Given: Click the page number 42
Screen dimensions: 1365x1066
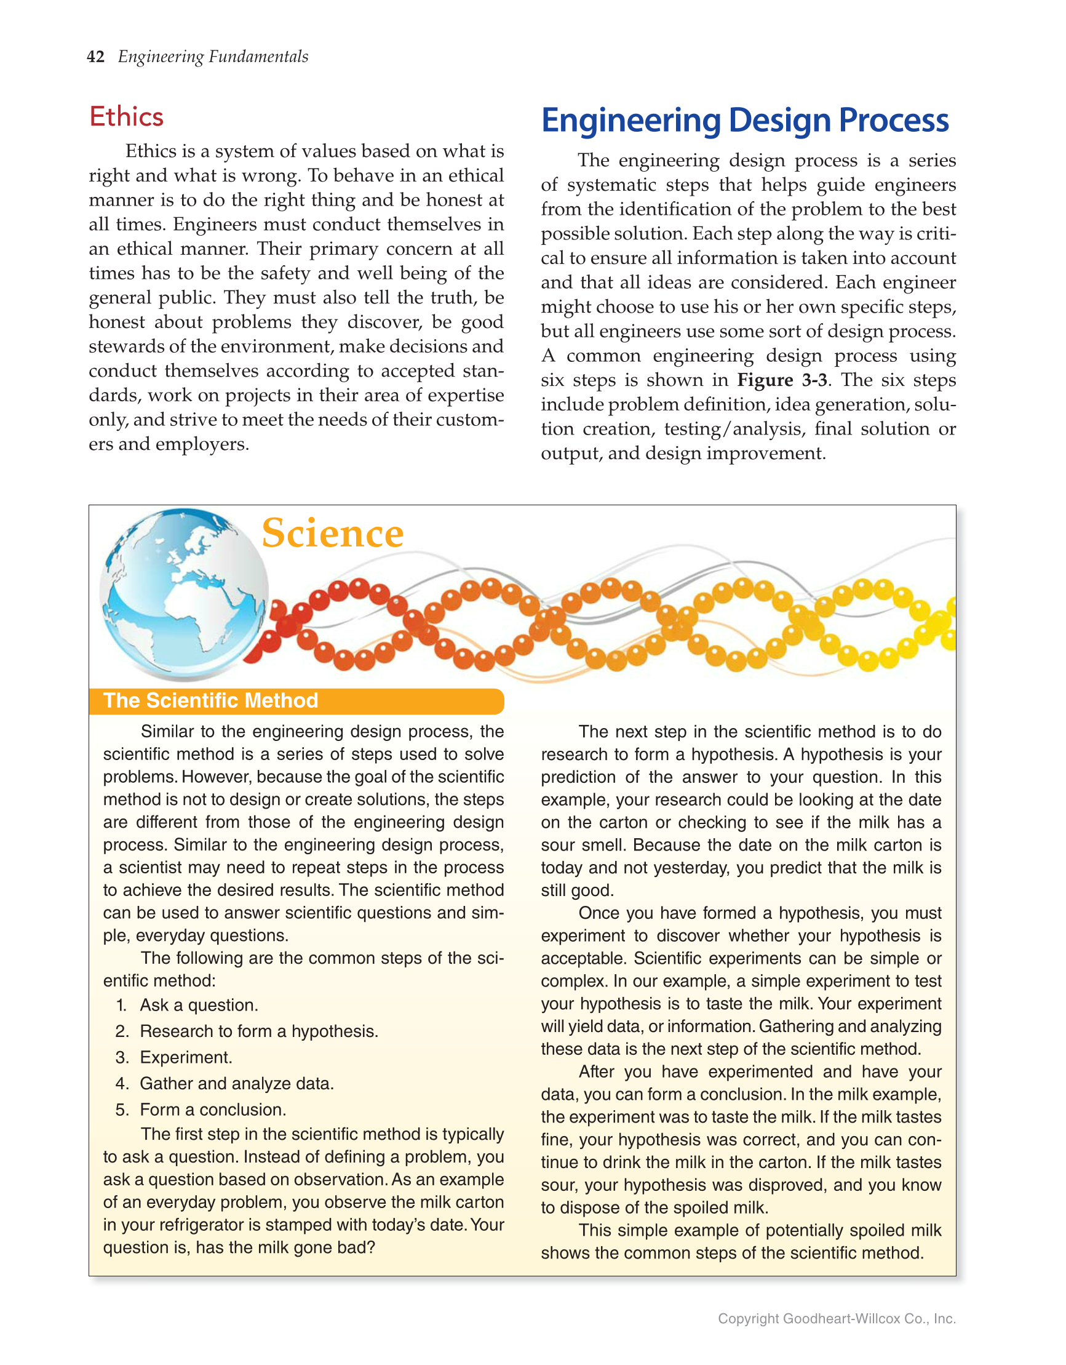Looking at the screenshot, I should tap(95, 57).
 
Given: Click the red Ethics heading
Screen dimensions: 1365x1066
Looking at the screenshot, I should tap(126, 117).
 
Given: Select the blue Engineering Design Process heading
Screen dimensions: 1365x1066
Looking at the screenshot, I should tap(744, 120).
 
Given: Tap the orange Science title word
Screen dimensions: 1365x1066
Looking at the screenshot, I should tap(332, 533).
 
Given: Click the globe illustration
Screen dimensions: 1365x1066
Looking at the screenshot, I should tap(185, 594).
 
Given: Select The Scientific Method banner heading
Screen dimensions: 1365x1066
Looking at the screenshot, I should tap(210, 700).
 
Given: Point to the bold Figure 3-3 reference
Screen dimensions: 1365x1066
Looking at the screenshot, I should tap(782, 380).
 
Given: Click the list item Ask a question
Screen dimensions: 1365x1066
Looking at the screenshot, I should tap(199, 1005).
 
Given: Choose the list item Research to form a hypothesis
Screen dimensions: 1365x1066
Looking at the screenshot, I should tap(259, 1031).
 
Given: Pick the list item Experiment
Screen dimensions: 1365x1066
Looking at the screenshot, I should tap(186, 1057).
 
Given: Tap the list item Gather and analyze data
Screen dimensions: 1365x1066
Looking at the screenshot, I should tap(237, 1084).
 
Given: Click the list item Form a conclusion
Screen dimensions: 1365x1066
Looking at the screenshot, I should tap(212, 1110).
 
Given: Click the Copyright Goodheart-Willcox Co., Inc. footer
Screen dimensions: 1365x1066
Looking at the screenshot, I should tap(836, 1319).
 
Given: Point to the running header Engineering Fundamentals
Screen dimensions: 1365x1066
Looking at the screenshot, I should tap(213, 57).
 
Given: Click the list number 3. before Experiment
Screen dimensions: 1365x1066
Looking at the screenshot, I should tap(122, 1057).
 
